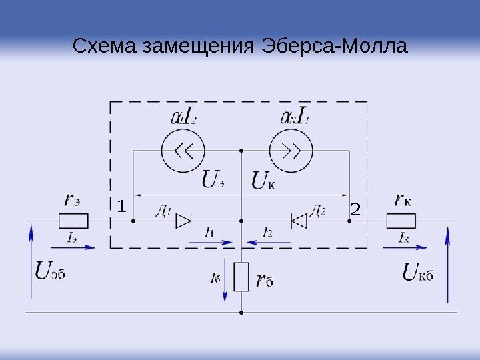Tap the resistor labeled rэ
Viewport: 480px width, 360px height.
tap(74, 221)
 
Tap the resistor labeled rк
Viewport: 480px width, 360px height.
tap(402, 221)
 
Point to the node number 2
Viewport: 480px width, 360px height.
tap(355, 210)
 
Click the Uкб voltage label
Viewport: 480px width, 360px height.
tap(419, 271)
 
